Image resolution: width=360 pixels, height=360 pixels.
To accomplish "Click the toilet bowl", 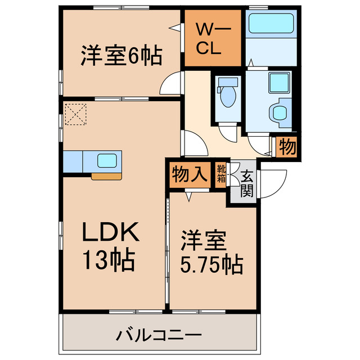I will pyautogui.click(x=228, y=96).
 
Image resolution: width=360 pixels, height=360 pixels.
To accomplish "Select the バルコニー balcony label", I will pyautogui.click(x=159, y=336).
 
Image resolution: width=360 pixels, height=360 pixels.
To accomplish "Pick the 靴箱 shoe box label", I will pyautogui.click(x=221, y=173).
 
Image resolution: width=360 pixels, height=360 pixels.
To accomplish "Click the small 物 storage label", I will pyautogui.click(x=287, y=147).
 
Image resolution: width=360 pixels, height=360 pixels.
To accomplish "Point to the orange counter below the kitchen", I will pyautogui.click(x=106, y=176).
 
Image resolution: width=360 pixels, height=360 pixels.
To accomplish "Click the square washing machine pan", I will pyautogui.click(x=278, y=82).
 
